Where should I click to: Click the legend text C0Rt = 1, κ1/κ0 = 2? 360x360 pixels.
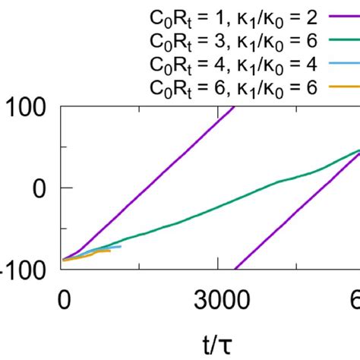[x=235, y=14]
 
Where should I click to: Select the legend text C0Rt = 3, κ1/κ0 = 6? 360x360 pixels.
[x=235, y=39]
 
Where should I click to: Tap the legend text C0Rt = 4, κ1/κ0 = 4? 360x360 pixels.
[x=235, y=65]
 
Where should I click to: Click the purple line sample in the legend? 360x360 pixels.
[x=343, y=14]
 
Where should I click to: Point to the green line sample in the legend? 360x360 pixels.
[x=343, y=39]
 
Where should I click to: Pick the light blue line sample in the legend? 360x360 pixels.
[x=343, y=65]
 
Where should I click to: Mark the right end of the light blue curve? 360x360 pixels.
[x=120, y=246]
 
